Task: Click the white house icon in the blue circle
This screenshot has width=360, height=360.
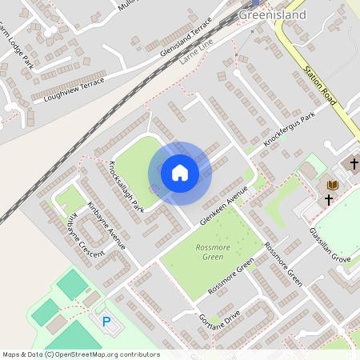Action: pyautogui.click(x=180, y=173)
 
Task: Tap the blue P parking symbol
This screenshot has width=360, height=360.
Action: pyautogui.click(x=106, y=322)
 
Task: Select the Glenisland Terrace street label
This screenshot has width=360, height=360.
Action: pyautogui.click(x=186, y=35)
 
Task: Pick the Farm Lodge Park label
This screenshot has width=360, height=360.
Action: pyautogui.click(x=16, y=46)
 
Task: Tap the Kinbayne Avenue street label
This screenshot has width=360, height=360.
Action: pyautogui.click(x=107, y=224)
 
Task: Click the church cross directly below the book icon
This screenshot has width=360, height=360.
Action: pyautogui.click(x=329, y=200)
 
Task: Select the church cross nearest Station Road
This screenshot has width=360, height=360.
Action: pyautogui.click(x=352, y=164)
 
